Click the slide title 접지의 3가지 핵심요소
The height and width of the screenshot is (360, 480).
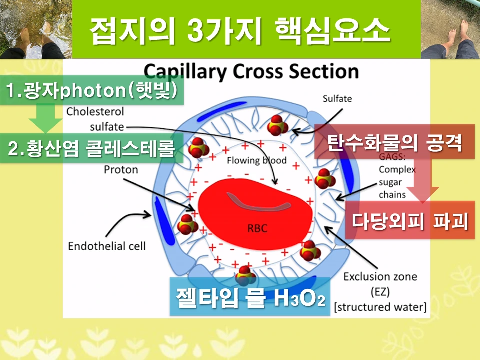240,31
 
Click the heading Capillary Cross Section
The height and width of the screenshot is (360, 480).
251,71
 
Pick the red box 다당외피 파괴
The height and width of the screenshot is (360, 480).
410,220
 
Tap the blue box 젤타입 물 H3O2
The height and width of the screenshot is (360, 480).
250,297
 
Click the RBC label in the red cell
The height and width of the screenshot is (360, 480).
257,229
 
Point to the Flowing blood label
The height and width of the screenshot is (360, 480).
257,160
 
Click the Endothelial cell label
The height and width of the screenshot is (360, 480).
107,246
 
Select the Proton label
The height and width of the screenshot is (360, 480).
121,170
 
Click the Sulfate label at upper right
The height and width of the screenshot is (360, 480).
337,99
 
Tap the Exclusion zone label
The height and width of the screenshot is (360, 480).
380,277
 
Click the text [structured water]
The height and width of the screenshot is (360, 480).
380,307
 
